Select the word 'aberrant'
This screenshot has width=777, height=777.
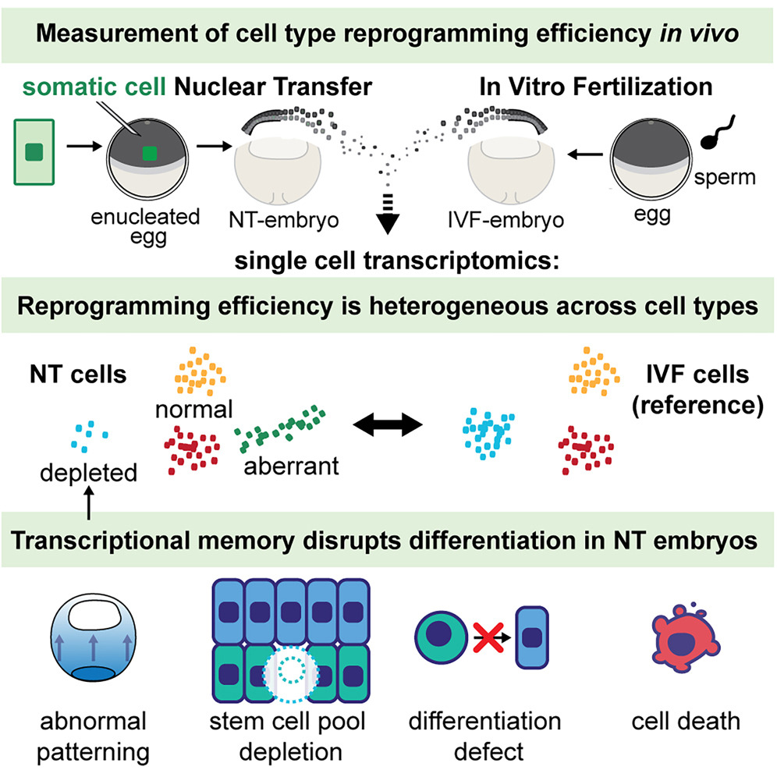289,467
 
